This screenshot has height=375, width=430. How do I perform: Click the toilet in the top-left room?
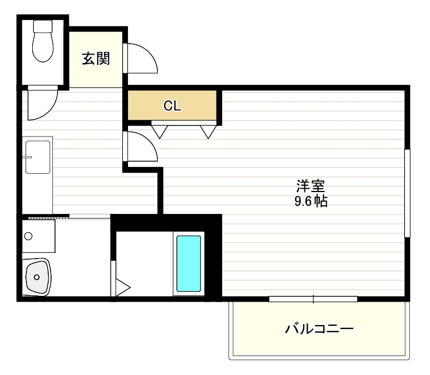42,46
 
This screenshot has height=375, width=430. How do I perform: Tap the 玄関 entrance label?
95,58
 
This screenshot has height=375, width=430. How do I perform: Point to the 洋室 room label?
311,186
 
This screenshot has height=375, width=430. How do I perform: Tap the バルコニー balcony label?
319,329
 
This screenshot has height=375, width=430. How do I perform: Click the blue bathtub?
188,264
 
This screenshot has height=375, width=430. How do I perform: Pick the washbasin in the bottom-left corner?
37,277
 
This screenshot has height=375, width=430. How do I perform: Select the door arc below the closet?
141,147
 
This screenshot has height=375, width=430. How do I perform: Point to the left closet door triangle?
159,131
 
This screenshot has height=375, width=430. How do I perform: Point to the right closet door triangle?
208,131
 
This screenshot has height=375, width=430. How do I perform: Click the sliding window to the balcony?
313,298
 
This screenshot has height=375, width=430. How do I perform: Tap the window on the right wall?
407,193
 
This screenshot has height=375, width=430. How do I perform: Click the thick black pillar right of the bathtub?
213,258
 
